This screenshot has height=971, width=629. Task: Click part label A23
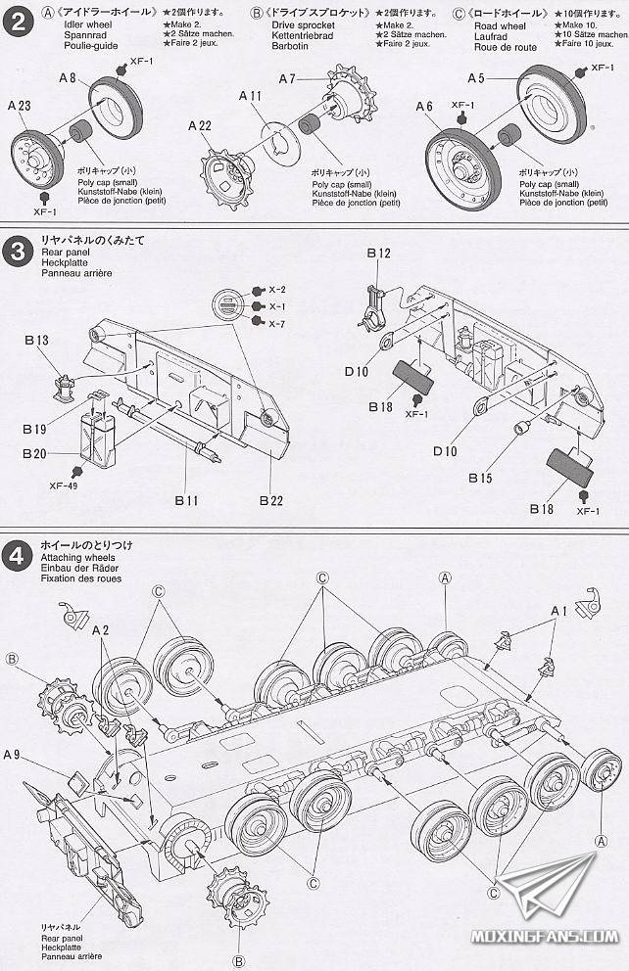point(19,105)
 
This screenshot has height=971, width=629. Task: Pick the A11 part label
point(250,96)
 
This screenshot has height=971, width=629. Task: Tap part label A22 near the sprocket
point(200,125)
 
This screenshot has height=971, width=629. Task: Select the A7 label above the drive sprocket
point(287,78)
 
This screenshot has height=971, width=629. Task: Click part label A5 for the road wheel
point(476,78)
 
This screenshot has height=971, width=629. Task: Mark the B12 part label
point(378,254)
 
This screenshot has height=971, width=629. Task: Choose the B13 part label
point(36,340)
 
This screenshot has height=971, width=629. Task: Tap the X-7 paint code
point(277,324)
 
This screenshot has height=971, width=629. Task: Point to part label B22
point(271,500)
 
